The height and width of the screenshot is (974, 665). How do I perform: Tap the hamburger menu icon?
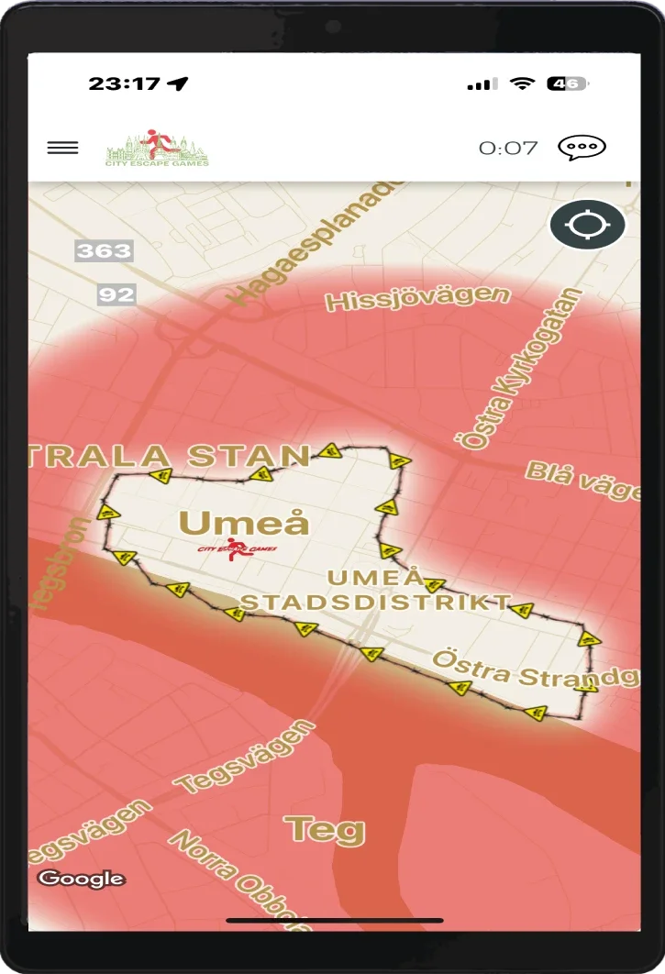(62, 148)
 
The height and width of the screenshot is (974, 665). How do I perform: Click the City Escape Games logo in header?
(157, 148)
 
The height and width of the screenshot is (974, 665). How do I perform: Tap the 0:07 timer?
(508, 148)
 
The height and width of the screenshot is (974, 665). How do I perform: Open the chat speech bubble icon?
(582, 148)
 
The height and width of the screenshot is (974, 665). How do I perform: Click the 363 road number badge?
(104, 250)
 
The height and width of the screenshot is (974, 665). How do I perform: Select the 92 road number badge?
(116, 294)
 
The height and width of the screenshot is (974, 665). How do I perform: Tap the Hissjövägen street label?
(417, 299)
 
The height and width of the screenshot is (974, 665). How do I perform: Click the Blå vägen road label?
(583, 481)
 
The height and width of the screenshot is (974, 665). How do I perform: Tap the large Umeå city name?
(244, 523)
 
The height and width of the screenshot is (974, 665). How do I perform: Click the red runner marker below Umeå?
(238, 549)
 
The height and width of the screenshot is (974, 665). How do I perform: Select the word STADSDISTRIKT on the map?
(376, 602)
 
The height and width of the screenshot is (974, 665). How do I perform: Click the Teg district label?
(325, 830)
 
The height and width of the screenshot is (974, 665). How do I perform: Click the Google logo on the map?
(82, 879)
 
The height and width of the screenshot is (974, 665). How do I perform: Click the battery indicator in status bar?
(567, 83)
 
